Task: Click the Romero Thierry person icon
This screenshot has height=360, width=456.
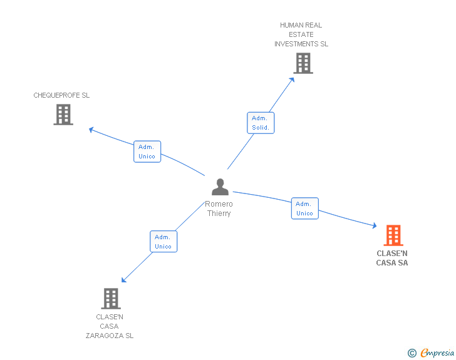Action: tap(220, 187)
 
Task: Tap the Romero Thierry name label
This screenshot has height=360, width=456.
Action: tap(219, 208)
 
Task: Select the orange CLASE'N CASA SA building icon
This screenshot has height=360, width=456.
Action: tap(393, 235)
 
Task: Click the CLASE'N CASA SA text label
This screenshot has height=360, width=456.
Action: tap(392, 258)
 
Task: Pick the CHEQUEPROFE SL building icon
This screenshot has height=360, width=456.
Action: tap(63, 115)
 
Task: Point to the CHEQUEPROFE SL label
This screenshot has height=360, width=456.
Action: tap(61, 95)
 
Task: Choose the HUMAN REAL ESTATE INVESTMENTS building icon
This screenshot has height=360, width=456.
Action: tap(303, 63)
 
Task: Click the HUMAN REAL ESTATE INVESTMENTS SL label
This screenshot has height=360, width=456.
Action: tap(301, 34)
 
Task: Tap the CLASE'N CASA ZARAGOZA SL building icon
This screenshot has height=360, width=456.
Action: tap(110, 299)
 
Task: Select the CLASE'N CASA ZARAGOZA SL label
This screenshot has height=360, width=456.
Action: tap(110, 326)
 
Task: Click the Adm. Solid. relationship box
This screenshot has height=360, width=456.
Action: tap(260, 123)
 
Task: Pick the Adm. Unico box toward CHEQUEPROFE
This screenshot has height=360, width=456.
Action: tap(147, 152)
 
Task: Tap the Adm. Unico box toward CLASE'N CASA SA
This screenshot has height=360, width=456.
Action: tap(304, 208)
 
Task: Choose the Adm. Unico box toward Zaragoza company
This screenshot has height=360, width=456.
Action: tap(163, 242)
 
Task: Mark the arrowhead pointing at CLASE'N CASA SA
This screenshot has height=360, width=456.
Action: tap(374, 226)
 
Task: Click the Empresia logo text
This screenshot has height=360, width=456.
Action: tap(437, 353)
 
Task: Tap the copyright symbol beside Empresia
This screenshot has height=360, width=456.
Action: tap(412, 353)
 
